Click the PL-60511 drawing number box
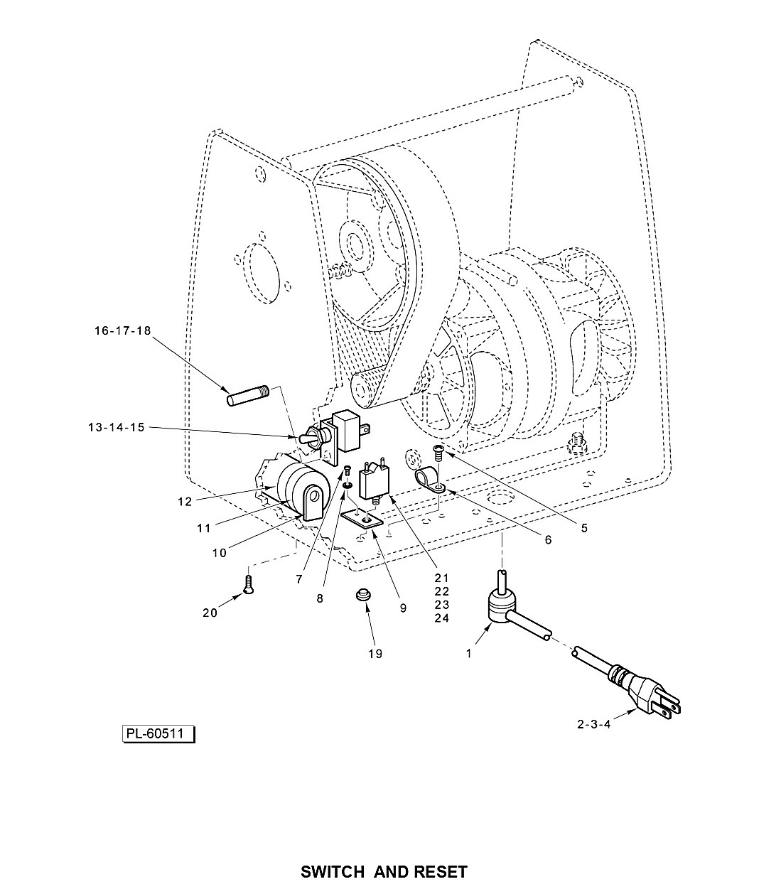(158, 733)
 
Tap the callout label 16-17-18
(123, 330)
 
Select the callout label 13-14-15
(116, 427)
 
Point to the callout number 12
(185, 502)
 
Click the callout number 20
(210, 613)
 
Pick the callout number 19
(375, 654)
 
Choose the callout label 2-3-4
(593, 724)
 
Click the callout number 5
(584, 528)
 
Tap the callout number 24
(441, 618)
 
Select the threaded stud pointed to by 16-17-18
(248, 395)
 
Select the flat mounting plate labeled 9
(362, 520)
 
